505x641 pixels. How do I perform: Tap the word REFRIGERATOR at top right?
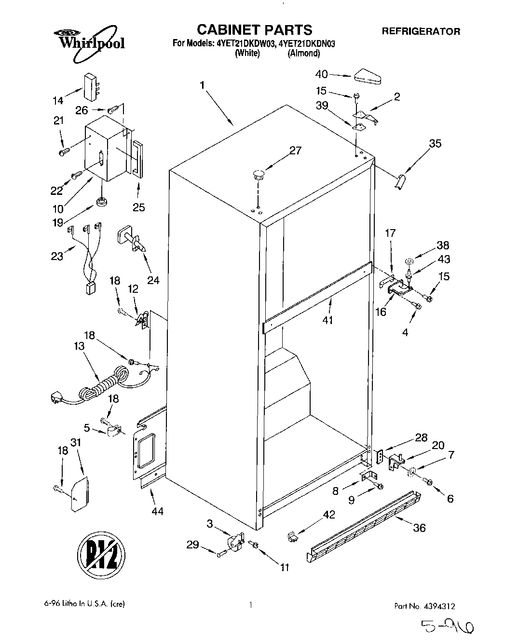[x=421, y=31]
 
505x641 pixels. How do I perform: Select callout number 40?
[x=321, y=74]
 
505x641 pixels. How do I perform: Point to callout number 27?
[x=295, y=150]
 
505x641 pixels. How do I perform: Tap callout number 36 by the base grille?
[x=419, y=528]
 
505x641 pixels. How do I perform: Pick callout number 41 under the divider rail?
[x=328, y=320]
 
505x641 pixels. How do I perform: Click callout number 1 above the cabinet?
[x=203, y=85]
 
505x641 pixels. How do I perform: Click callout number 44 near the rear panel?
[x=157, y=511]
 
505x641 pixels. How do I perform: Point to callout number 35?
[x=435, y=144]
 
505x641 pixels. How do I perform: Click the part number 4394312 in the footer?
[x=438, y=605]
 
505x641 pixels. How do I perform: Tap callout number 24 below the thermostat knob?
[x=153, y=280]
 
